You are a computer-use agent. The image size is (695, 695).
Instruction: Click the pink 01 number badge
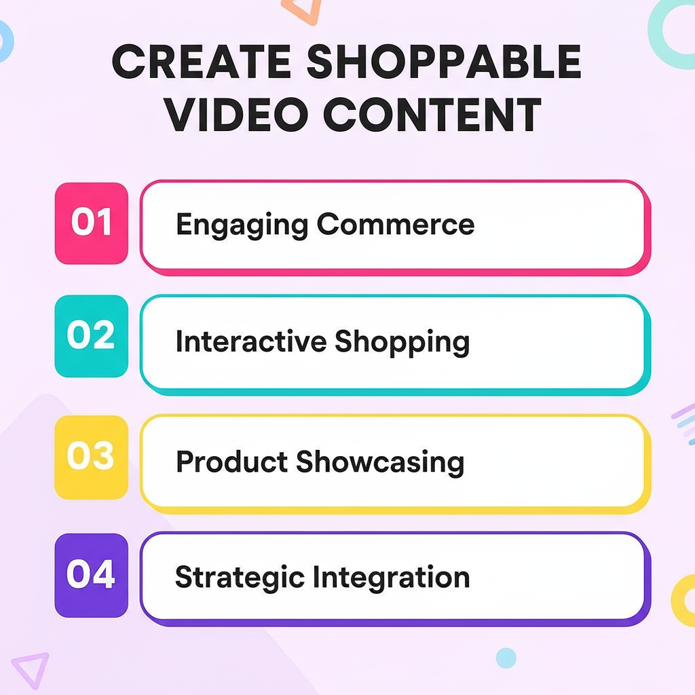pos(91,223)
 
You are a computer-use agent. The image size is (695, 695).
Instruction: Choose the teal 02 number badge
pos(91,337)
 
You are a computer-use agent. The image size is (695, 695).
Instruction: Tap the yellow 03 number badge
pos(91,457)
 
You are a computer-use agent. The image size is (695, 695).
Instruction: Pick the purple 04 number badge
pos(91,576)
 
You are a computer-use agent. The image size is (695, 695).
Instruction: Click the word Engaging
pos(240,225)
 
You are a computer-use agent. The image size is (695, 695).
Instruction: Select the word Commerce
pos(396,225)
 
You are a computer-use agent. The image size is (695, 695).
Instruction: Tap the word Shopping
pos(402,343)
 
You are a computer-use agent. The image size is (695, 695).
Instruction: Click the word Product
pos(231,462)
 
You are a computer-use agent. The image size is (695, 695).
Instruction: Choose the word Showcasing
pos(380,463)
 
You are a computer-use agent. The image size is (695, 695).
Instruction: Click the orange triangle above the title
pos(301,10)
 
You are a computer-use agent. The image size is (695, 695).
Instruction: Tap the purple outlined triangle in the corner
pos(31,669)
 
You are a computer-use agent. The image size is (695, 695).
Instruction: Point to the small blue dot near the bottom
pos(506,658)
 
